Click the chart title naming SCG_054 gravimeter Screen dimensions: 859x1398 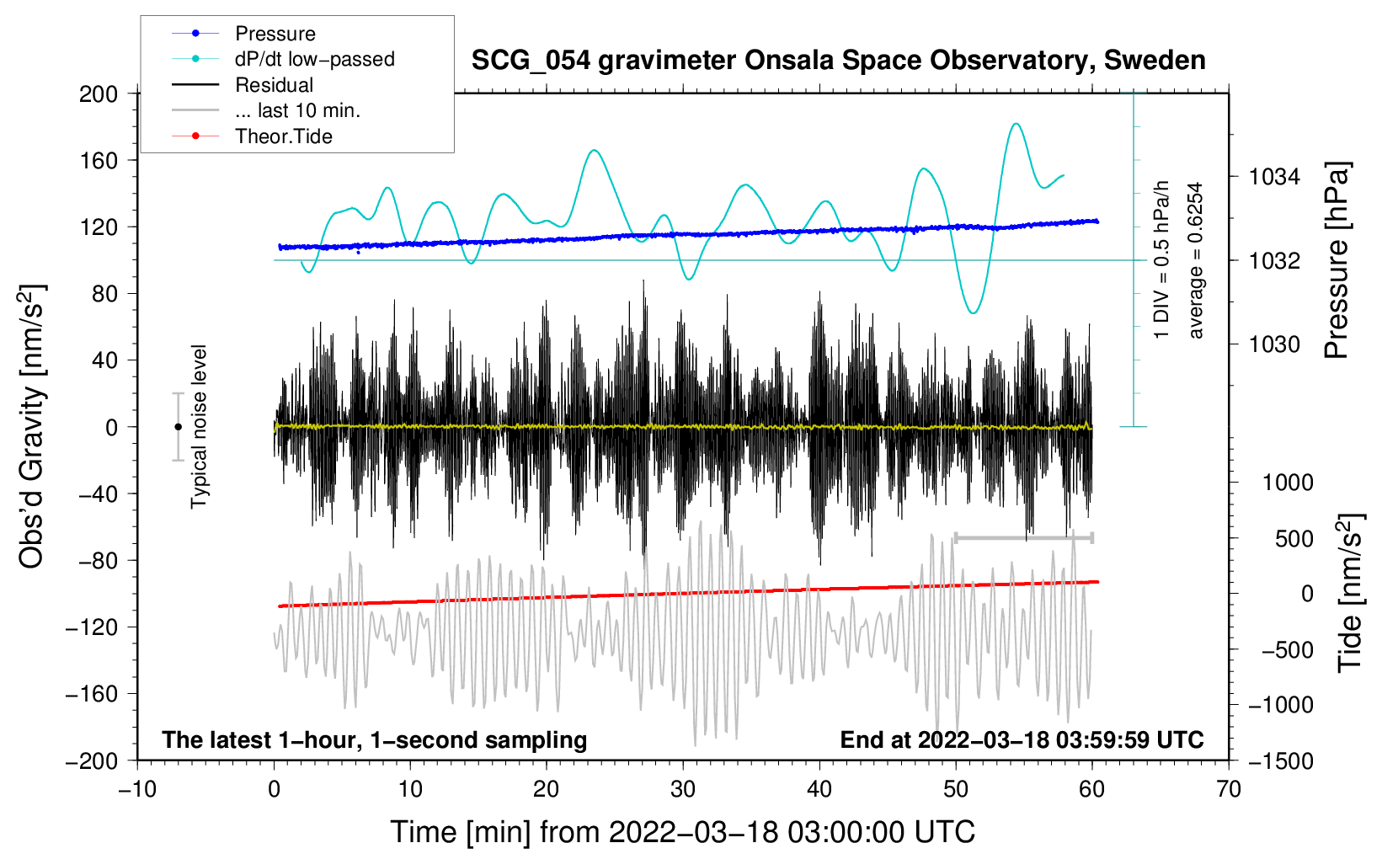(x=838, y=61)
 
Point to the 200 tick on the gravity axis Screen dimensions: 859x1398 (x=99, y=93)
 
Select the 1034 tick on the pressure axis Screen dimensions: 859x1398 (x=1274, y=177)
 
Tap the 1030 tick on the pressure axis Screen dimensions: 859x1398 (x=1274, y=344)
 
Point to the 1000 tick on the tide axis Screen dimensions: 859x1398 (x=1287, y=483)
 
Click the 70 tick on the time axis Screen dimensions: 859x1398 (x=1229, y=789)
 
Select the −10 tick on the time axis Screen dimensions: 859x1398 (x=137, y=789)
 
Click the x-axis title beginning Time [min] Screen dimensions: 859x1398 (x=683, y=832)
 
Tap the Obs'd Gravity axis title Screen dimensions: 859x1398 (x=31, y=426)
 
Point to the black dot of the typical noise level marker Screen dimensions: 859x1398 (x=178, y=427)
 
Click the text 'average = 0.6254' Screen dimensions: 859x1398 (x=1196, y=260)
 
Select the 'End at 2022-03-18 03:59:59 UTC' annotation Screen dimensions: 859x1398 (x=1022, y=739)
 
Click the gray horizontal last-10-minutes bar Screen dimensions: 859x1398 (x=1023, y=537)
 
